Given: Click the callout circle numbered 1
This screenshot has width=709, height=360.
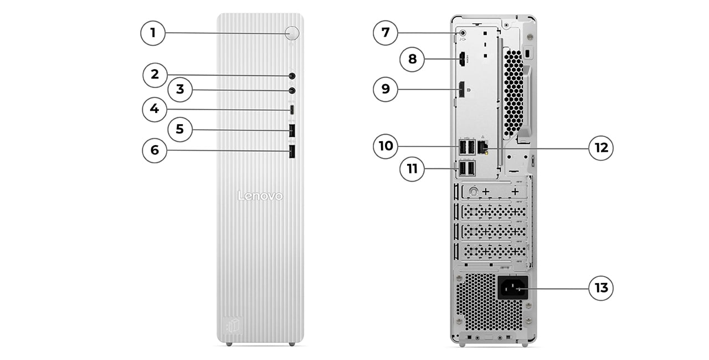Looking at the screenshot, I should click(153, 33).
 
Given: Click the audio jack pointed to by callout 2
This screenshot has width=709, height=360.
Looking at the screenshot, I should click(292, 76).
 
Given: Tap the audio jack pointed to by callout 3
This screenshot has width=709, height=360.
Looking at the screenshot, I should click(292, 90).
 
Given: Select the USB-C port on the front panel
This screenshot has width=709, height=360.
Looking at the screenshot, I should click(292, 110).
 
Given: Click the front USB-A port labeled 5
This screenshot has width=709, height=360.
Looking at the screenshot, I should click(292, 131).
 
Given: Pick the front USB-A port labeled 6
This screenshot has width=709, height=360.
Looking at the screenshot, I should click(292, 151).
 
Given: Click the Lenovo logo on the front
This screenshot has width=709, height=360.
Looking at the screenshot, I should click(260, 196).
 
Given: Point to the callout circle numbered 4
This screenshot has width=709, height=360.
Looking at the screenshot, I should click(155, 109).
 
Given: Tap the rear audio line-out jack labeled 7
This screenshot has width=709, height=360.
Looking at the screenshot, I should click(463, 33).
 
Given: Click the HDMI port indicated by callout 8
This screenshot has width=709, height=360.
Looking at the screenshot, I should click(461, 59).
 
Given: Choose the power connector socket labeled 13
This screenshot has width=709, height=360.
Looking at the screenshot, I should click(512, 288).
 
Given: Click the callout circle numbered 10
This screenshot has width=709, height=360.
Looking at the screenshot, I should click(386, 146).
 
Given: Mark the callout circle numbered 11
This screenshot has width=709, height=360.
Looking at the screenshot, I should click(412, 168).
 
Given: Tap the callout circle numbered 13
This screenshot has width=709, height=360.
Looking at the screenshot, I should click(601, 288).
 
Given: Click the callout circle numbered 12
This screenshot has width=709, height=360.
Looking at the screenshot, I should click(601, 148).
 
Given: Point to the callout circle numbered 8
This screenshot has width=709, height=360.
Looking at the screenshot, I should click(412, 59).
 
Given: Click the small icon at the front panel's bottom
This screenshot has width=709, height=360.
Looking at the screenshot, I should click(233, 323).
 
